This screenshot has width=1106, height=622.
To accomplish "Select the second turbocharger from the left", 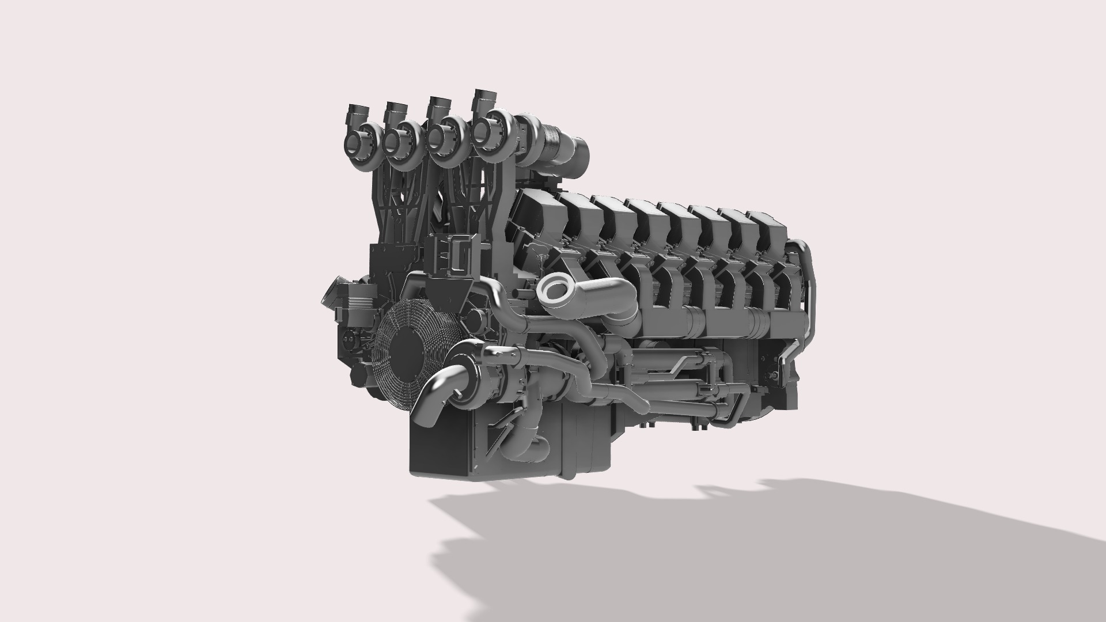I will [400, 138].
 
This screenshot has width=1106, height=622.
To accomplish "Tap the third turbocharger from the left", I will [443, 136].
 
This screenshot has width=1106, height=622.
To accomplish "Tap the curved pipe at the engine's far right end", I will [809, 288].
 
